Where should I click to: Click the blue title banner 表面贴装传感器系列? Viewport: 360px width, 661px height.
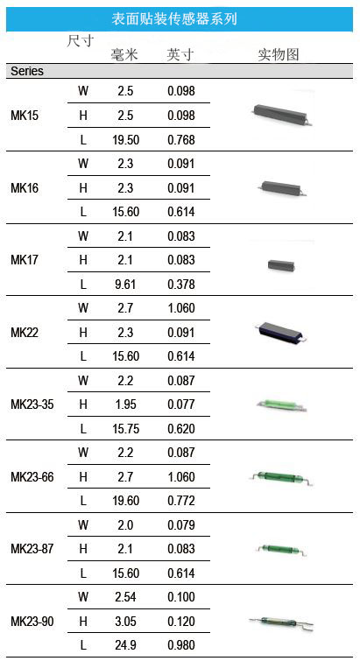(x=180, y=19)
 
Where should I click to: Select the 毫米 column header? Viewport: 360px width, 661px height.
(x=124, y=54)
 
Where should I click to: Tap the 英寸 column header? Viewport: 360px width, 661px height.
(x=180, y=54)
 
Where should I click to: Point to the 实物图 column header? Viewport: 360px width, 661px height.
(x=279, y=54)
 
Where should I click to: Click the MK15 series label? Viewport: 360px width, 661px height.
(x=25, y=116)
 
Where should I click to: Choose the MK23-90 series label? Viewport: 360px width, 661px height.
(x=32, y=622)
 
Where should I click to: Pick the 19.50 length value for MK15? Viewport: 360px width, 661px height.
(x=125, y=140)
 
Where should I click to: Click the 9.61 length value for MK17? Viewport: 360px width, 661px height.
(x=125, y=285)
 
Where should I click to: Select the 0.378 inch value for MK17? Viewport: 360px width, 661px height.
(x=181, y=285)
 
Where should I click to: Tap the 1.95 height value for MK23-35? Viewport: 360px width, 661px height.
(x=125, y=404)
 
